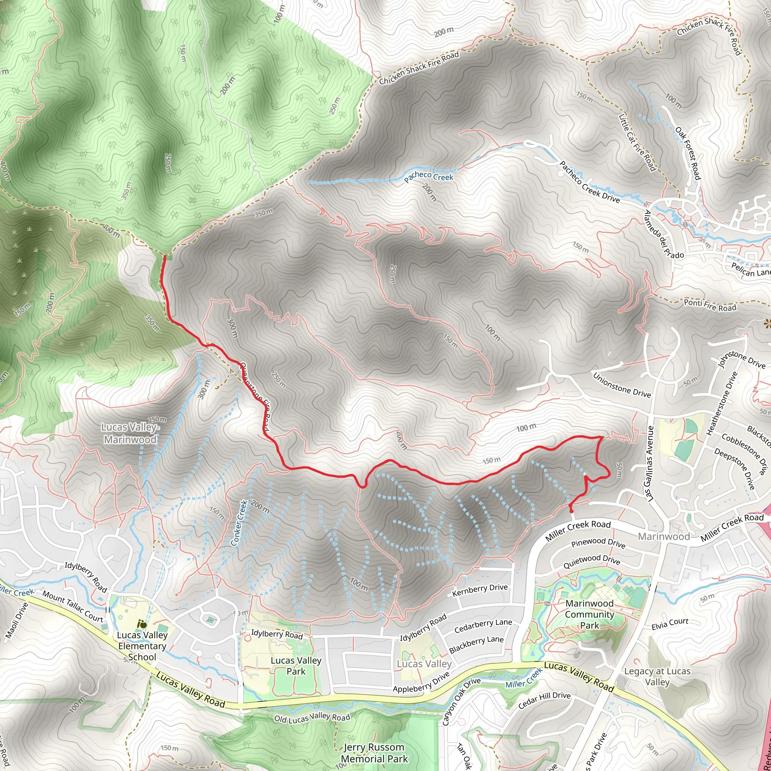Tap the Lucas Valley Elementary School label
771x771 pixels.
(x=142, y=646)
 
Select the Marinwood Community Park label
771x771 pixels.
(x=590, y=614)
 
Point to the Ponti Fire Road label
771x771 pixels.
(x=710, y=305)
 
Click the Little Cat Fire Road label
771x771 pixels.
(x=637, y=142)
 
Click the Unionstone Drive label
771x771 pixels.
(x=622, y=385)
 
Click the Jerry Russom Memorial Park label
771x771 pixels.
(x=374, y=753)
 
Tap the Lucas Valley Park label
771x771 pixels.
(x=296, y=666)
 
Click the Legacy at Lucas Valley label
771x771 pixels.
(x=657, y=677)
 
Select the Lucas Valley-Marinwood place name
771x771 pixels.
(x=130, y=433)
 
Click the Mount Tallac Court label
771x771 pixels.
(x=73, y=606)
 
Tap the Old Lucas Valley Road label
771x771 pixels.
(x=312, y=718)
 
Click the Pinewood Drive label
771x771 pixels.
(x=598, y=543)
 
